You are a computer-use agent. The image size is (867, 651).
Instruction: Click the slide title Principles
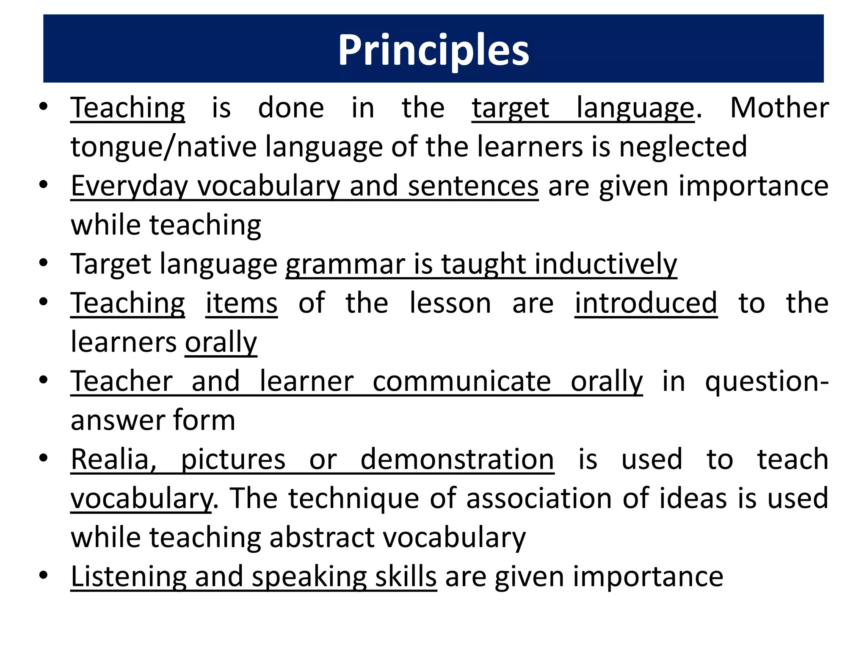pos(433,50)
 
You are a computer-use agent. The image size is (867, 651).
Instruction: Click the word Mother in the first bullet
pos(779,108)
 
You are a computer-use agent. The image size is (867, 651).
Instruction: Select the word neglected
pos(683,147)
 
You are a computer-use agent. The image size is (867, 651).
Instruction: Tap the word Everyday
pos(129,186)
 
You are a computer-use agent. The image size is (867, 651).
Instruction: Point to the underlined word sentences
pos(473,186)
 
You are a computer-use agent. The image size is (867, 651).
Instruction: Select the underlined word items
pos(241,303)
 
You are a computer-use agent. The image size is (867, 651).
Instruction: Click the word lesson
pos(450,303)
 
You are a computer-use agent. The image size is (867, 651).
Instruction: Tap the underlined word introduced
pos(646,303)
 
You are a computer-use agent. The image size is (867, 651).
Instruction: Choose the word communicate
pos(461,381)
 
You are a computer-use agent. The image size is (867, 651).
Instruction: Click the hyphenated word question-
pos(767,382)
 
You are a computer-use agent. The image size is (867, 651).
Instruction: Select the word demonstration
pos(457,459)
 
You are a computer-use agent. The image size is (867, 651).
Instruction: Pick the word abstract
pos(321,537)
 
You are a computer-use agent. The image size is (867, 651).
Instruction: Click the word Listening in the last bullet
pos(128,577)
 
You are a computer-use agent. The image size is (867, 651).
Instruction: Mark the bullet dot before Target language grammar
pos(43,264)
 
